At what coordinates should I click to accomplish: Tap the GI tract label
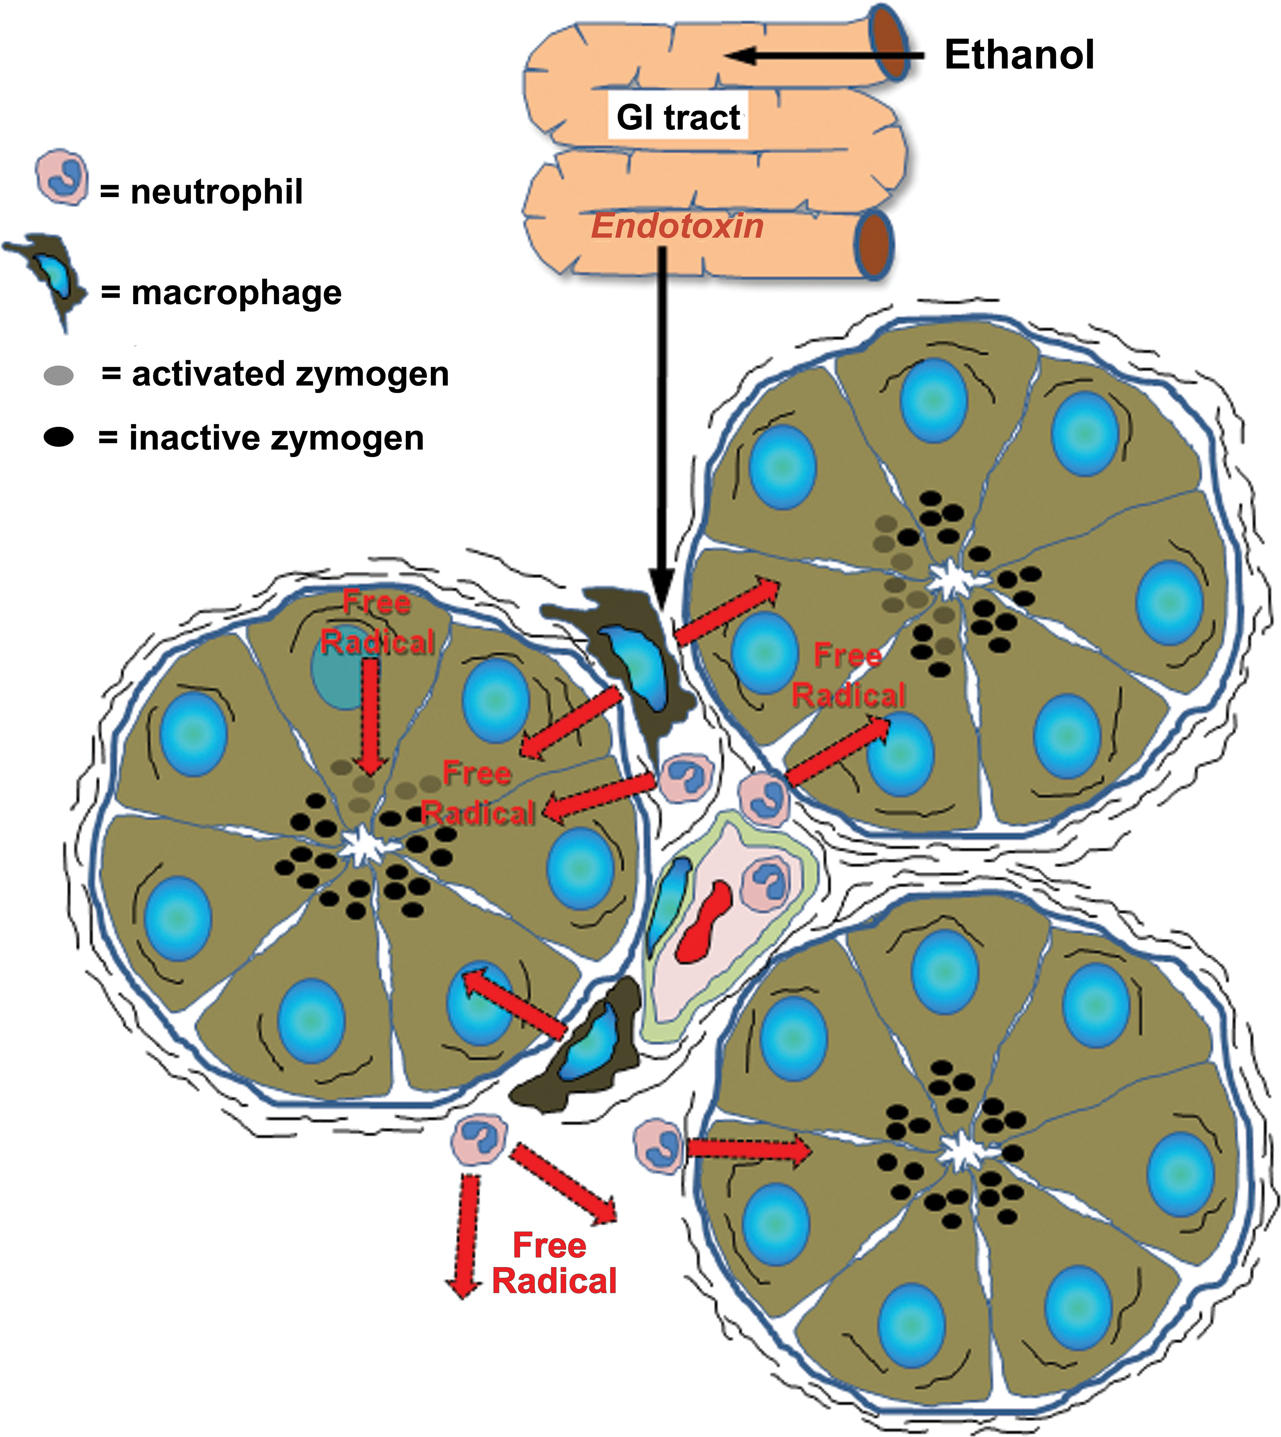pyautogui.click(x=678, y=117)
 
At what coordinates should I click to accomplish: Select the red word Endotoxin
pyautogui.click(x=677, y=226)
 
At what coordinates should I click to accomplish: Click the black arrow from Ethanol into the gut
pyautogui.click(x=823, y=55)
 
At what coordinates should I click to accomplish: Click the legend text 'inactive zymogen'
pyautogui.click(x=277, y=438)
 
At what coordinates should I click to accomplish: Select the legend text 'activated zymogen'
pyautogui.click(x=290, y=374)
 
